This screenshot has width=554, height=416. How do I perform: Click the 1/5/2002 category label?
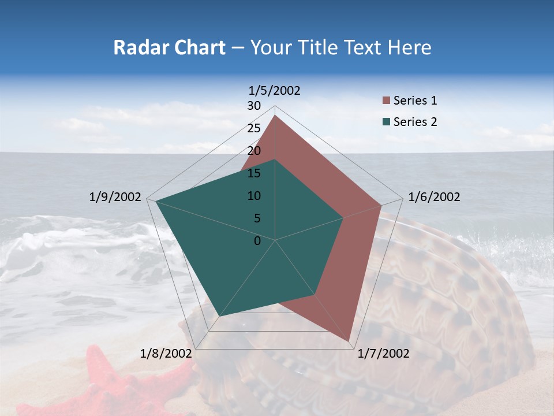point(274,90)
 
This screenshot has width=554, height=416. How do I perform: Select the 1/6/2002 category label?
point(434,197)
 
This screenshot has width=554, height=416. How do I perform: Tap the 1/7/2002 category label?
point(383,354)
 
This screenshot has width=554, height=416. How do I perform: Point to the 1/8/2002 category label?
point(166,354)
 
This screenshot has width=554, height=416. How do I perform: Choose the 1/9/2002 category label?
point(115,197)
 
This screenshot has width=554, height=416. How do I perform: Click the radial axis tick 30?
point(254,106)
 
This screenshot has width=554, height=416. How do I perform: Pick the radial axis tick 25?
point(254,128)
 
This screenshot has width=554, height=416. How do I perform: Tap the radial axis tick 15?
point(254,173)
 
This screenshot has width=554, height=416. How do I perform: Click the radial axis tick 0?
point(257,241)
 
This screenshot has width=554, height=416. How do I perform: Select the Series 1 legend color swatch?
point(386,101)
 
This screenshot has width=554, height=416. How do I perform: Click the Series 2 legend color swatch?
point(386,121)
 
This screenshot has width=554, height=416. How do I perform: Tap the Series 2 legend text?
point(415,122)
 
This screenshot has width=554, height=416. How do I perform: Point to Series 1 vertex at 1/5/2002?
point(275,115)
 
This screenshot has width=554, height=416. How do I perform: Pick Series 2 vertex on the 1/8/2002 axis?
point(220,316)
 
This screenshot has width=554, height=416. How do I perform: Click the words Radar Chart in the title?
point(169,47)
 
